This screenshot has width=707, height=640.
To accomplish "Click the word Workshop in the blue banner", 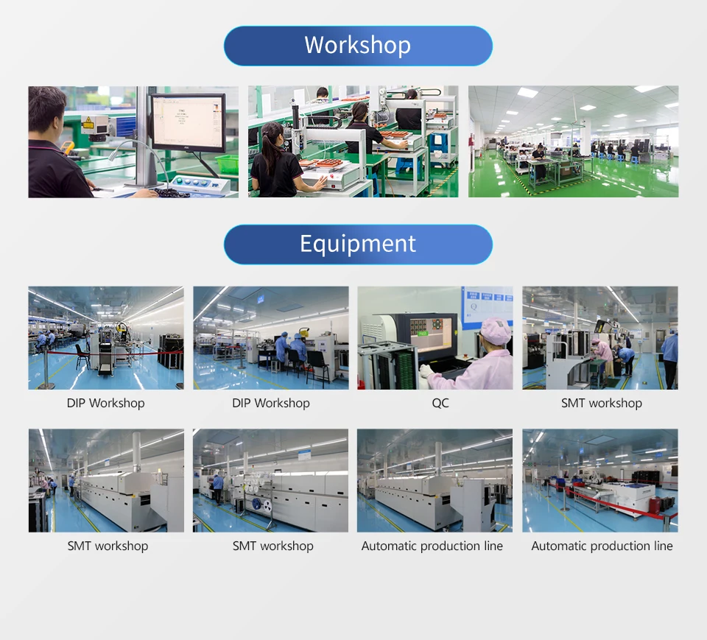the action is click(x=358, y=45).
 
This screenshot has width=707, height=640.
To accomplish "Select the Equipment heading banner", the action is click(x=358, y=245).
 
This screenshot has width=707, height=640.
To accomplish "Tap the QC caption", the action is click(x=440, y=403).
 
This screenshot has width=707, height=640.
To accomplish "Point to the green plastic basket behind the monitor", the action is click(x=228, y=163).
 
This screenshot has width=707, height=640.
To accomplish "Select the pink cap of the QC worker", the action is click(x=496, y=330).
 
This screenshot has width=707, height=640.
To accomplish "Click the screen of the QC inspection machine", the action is click(x=431, y=334).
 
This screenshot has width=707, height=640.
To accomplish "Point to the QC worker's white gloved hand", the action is click(x=426, y=372).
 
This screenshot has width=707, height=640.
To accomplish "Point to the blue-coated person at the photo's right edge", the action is click(x=670, y=356).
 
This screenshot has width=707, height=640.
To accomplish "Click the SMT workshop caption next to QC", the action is click(x=602, y=403).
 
